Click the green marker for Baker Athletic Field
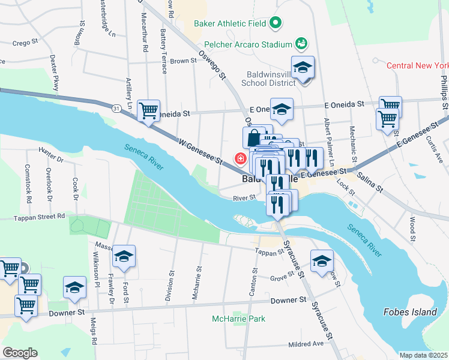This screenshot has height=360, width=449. (x=276, y=24)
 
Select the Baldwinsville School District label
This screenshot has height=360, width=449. (x=265, y=79)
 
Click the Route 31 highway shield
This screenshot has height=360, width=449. (x=115, y=107)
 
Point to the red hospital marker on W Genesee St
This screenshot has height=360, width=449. (x=240, y=159)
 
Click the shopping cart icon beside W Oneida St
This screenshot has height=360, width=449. (x=148, y=110)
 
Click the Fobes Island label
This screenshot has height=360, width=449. (x=409, y=312)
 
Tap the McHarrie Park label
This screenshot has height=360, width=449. (x=238, y=319)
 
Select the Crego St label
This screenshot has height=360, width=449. (x=26, y=43)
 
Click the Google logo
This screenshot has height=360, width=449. (x=20, y=353)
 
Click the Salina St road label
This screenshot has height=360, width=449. (x=370, y=180)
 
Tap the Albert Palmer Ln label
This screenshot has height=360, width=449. (x=328, y=136)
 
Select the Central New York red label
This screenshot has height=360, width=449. (x=417, y=65)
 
